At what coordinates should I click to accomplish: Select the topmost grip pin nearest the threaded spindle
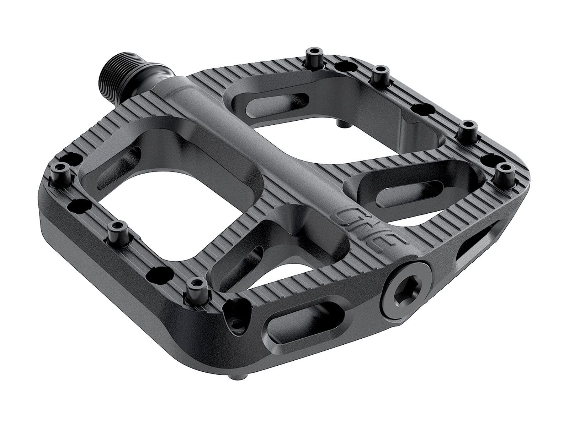(x=312, y=56)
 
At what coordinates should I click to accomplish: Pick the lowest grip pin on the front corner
(x=194, y=288)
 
